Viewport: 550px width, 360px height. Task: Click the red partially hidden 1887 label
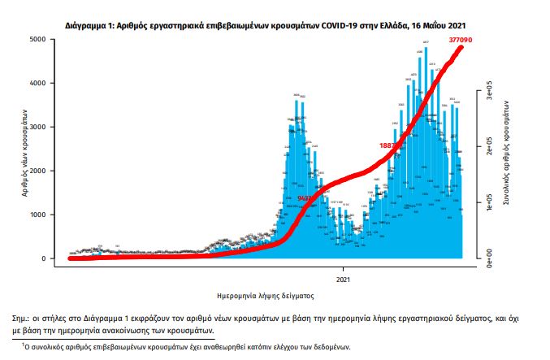(x=388, y=145)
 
